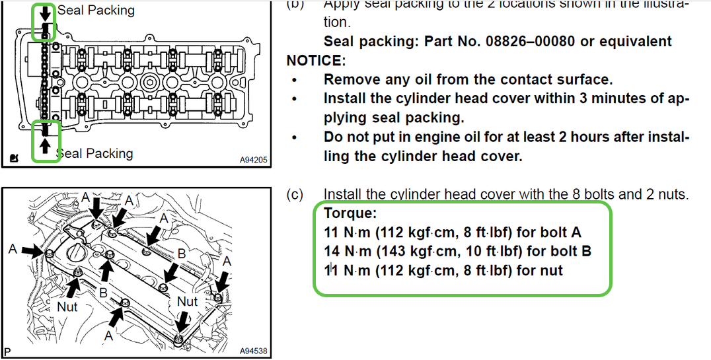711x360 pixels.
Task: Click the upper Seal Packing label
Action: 96,10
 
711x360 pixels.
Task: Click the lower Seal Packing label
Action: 94,153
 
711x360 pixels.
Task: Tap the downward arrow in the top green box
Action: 45,13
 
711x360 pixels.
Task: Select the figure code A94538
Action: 253,351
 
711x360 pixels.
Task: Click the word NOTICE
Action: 316,61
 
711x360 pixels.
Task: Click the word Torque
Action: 350,214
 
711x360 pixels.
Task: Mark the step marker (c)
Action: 295,195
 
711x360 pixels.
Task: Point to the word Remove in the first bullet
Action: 350,80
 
